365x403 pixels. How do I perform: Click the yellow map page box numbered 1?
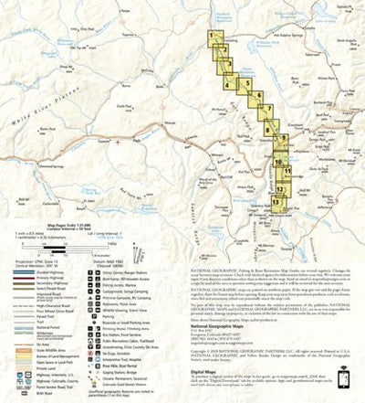[x=213, y=37]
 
